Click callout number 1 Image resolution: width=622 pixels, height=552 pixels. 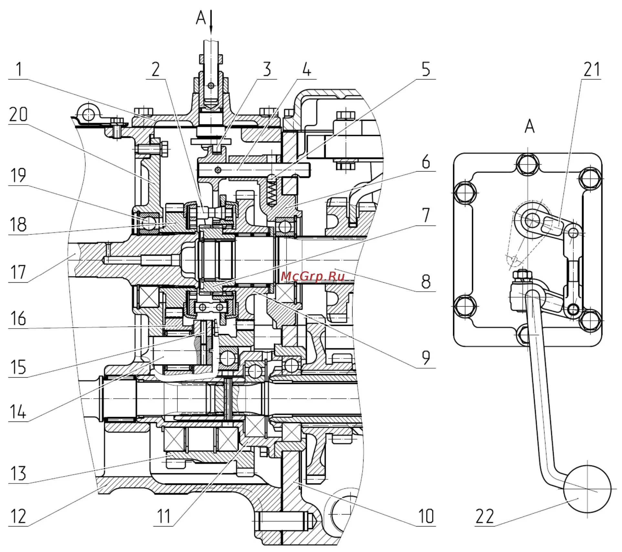pyautogui.click(x=19, y=69)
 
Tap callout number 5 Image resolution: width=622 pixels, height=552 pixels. pyautogui.click(x=426, y=69)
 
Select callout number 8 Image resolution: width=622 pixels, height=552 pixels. pyautogui.click(x=426, y=282)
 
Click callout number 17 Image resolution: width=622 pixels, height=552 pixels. pyautogui.click(x=18, y=272)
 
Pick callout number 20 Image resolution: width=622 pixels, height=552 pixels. pyautogui.click(x=18, y=114)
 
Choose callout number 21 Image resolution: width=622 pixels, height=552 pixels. pyautogui.click(x=592, y=69)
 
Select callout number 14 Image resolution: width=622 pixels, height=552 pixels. pyautogui.click(x=18, y=412)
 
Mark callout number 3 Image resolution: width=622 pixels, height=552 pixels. pyautogui.click(x=267, y=69)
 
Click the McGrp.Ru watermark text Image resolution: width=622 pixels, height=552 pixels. pyautogui.click(x=312, y=276)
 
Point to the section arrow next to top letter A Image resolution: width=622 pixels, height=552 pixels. pyautogui.click(x=211, y=21)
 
